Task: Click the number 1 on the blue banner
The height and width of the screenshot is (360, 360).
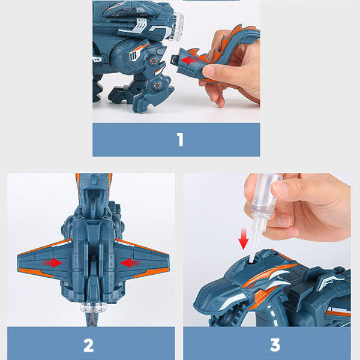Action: [x=180, y=140]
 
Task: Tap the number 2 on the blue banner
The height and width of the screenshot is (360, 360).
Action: [x=89, y=346]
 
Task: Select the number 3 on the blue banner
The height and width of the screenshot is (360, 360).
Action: [x=275, y=345]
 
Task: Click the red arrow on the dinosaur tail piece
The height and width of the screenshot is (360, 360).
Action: [x=190, y=61]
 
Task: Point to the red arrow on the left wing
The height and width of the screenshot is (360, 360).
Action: [x=52, y=263]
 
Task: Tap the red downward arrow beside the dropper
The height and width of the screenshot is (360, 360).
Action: [x=244, y=238]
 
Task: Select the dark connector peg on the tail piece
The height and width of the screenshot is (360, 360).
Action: [x=175, y=60]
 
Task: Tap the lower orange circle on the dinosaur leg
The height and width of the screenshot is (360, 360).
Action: [x=157, y=85]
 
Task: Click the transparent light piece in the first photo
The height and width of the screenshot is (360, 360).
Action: [x=176, y=26]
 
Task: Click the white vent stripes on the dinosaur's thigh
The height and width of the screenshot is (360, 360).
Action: [x=134, y=56]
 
